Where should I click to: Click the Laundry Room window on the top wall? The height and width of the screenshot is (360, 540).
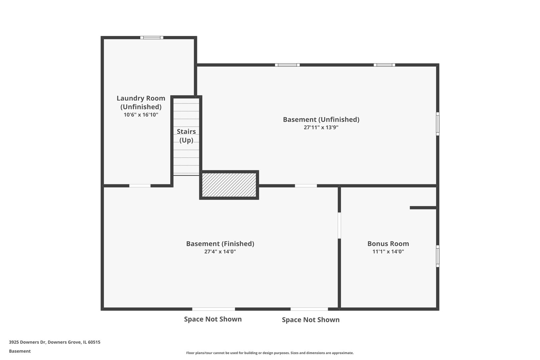[152, 38]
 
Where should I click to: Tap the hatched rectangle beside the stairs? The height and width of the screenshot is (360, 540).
[229, 185]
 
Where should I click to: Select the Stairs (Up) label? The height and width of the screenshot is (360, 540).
[186, 136]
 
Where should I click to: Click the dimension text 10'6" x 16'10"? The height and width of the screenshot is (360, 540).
[141, 115]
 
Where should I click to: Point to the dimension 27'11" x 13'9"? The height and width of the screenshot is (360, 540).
[321, 127]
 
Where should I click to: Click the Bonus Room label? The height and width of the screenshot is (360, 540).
[388, 244]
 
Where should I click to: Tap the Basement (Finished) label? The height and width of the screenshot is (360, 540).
[220, 244]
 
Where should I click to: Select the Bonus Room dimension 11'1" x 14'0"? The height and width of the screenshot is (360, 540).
[388, 251]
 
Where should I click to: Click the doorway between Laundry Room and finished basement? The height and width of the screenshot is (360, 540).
[140, 186]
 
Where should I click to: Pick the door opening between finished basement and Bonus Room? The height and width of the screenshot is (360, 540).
[339, 225]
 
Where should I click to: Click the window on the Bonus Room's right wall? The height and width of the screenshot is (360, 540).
[438, 256]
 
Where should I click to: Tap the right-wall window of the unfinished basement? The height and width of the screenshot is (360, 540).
[438, 124]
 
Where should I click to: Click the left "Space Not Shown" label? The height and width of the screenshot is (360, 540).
[213, 319]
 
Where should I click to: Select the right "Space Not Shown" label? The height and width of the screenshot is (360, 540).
[311, 319]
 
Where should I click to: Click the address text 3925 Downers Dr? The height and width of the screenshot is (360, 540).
[27, 342]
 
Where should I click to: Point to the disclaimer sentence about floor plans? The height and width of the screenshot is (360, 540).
[270, 353]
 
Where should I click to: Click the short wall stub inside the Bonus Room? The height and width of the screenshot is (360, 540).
[423, 208]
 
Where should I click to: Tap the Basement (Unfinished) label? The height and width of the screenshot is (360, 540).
[321, 120]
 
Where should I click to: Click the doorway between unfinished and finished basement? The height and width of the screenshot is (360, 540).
[306, 186]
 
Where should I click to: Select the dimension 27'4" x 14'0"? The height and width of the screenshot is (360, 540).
[220, 251]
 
